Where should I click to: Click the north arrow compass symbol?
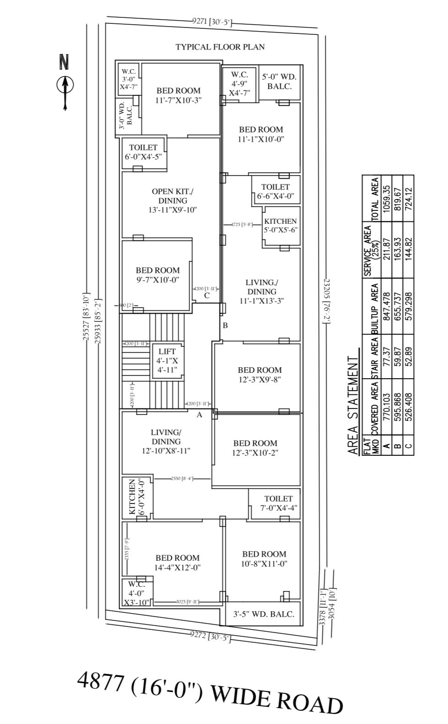[x=65, y=85]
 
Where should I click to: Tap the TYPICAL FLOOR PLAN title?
[x=220, y=47]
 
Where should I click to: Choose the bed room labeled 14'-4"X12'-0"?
[x=177, y=562]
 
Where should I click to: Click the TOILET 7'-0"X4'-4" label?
[x=278, y=503]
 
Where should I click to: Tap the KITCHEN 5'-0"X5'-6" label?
[x=280, y=226]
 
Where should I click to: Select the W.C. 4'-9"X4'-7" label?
[x=240, y=83]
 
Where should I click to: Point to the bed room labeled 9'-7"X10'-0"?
[x=158, y=275]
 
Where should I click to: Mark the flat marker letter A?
[x=199, y=415]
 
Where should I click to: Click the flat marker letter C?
[x=207, y=295]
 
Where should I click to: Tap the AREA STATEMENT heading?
[x=353, y=405]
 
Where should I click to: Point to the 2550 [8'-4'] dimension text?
[x=182, y=478]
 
